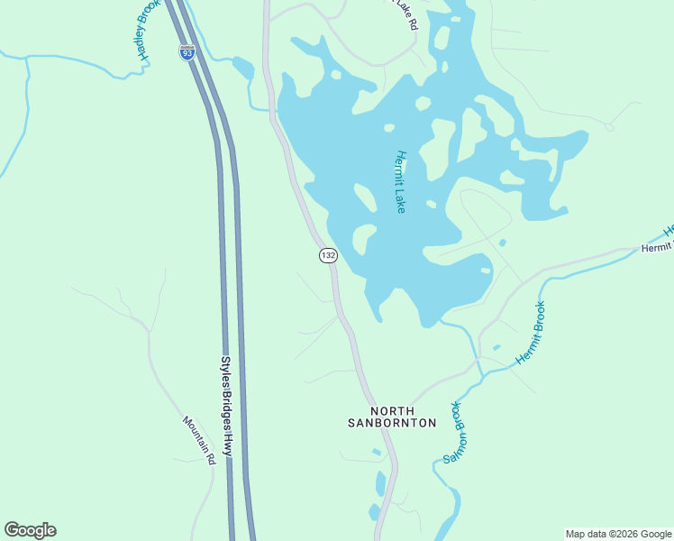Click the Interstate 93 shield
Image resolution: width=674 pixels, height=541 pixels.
point(187,52)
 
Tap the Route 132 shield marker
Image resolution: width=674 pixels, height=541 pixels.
point(328,256)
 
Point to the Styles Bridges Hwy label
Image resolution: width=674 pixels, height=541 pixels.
point(226,406)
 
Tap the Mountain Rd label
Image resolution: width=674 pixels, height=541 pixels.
point(199,440)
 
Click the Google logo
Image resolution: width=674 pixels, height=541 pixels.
point(30,530)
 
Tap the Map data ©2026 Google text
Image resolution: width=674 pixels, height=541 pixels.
point(618,534)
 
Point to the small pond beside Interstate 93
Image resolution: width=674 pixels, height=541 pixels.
point(242,68)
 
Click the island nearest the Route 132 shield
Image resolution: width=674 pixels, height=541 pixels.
point(363,239)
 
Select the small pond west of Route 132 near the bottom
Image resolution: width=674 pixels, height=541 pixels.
point(380,484)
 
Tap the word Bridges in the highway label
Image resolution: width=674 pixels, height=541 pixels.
point(226,406)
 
